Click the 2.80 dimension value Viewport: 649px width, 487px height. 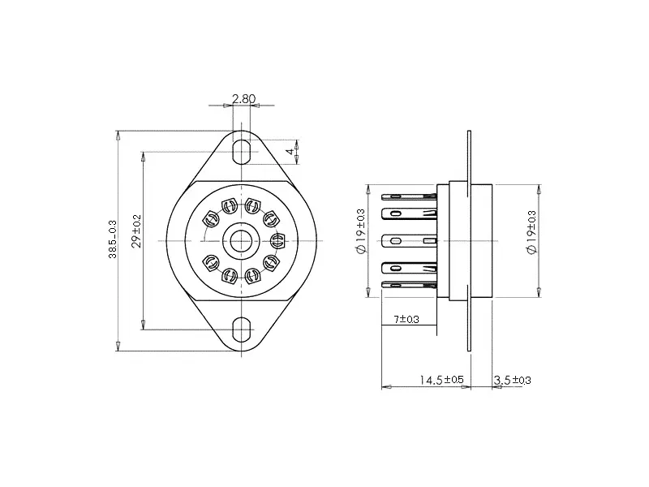point(243,99)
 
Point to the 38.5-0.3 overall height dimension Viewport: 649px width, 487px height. point(112,240)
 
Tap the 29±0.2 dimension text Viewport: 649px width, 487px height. point(137,232)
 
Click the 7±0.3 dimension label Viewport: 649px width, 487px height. point(406,320)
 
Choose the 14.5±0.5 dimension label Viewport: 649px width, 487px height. point(441,380)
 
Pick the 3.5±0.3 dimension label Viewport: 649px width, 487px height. point(512,380)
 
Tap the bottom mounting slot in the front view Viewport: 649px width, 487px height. point(242,330)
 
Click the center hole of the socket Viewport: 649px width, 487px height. point(242,240)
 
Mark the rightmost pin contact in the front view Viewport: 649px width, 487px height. point(278,240)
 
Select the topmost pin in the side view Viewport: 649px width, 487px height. point(410,196)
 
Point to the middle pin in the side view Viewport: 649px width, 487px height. point(410,241)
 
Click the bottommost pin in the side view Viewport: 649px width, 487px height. point(410,286)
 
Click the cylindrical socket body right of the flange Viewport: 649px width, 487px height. point(483,240)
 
